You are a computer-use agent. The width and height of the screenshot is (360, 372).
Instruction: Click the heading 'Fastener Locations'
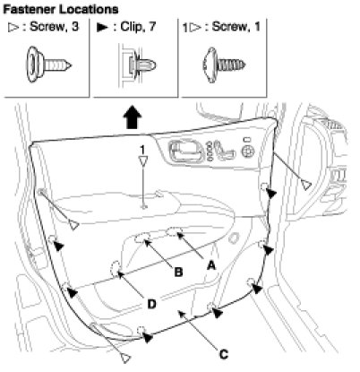tap(61, 10)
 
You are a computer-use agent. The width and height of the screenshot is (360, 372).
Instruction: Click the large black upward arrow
tap(133, 117)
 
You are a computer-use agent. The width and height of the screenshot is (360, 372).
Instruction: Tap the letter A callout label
tap(210, 265)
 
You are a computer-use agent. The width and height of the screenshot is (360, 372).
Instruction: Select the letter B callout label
tap(178, 273)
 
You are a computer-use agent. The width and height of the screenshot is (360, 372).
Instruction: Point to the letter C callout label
tap(224, 354)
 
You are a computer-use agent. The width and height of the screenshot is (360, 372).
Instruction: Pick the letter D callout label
tap(151, 305)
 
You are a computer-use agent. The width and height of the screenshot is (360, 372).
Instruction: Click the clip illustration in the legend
tap(138, 65)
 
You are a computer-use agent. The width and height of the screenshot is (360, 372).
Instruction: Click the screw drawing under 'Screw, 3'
tap(48, 65)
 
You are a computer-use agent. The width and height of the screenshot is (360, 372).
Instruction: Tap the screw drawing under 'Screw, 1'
tap(224, 65)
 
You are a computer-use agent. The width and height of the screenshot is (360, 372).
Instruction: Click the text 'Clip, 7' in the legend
tap(138, 27)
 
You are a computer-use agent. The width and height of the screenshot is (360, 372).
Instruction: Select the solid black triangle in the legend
tap(102, 28)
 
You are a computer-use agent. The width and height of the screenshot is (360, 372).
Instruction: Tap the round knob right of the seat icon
tap(247, 151)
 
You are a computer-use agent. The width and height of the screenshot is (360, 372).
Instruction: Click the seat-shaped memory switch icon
tap(224, 151)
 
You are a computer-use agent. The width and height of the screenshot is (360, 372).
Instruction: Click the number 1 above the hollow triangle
tap(142, 149)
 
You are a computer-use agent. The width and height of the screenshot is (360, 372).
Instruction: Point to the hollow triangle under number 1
tap(143, 160)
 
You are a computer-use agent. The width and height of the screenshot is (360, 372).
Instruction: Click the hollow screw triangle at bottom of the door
tap(125, 358)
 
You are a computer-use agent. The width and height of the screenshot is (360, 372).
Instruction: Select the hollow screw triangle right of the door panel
tap(306, 185)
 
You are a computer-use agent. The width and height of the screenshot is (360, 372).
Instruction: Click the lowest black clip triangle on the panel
tap(147, 337)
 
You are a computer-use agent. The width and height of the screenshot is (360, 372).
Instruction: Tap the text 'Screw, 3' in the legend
tap(55, 27)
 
